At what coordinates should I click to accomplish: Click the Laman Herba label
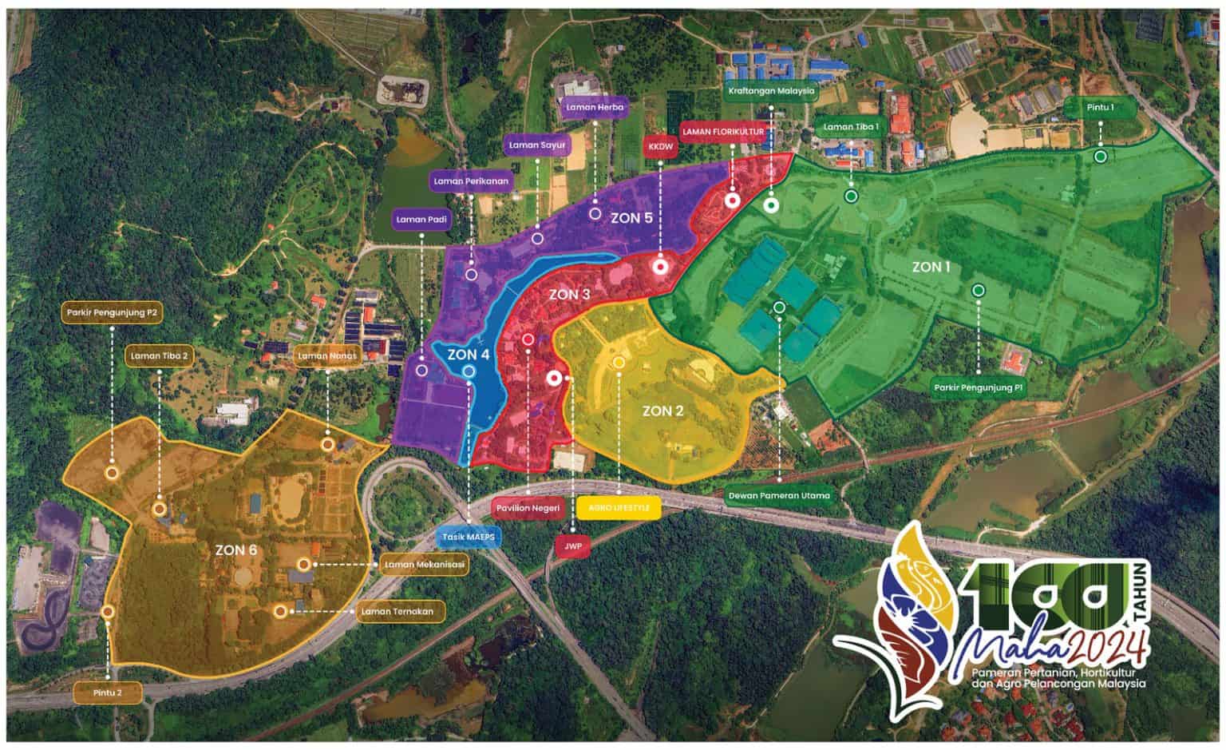[x=595, y=107]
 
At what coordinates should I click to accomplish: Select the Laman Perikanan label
[x=471, y=181]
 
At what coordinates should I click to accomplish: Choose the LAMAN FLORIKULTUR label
[x=723, y=130]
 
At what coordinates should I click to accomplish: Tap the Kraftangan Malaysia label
[x=770, y=91]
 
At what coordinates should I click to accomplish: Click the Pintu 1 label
[x=1100, y=107]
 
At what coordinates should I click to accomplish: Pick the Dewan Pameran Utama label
[x=779, y=495]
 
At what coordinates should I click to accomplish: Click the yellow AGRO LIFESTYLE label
[x=619, y=508]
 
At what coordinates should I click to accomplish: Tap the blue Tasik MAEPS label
[x=469, y=537]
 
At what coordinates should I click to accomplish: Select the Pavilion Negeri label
[x=528, y=508]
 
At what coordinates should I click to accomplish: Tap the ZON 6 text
[x=235, y=550]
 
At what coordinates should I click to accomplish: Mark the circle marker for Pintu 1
[x=1100, y=157]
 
